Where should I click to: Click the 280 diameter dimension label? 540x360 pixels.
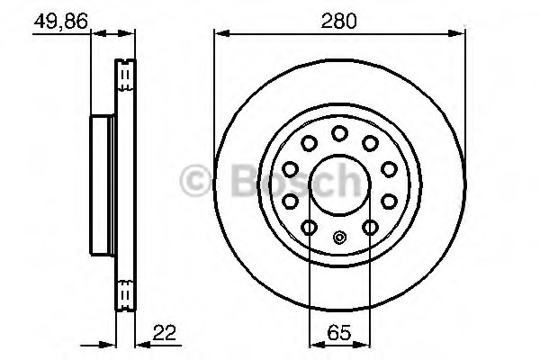point(338,21)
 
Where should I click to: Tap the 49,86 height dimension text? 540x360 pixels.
point(61,22)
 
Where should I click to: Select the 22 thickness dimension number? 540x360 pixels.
point(165,332)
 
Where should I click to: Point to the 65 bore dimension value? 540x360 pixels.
point(339,332)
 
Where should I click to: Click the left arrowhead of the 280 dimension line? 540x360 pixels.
point(221,33)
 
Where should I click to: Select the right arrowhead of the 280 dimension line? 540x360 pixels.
point(456,33)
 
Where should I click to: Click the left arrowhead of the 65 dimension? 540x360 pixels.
point(317,345)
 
